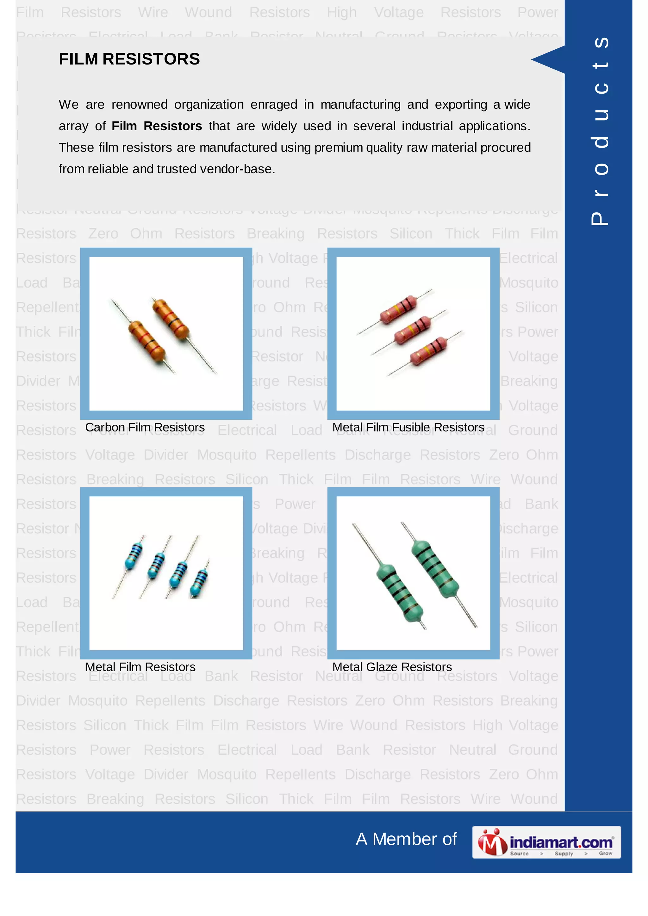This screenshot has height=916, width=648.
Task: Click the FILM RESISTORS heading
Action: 129,59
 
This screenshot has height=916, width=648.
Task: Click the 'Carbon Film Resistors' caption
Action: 145,427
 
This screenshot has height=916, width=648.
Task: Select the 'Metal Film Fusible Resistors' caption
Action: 408,427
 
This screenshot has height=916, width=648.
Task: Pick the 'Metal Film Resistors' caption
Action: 140,667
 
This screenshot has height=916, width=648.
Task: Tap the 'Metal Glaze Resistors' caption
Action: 392,667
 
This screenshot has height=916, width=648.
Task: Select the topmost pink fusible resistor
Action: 399,310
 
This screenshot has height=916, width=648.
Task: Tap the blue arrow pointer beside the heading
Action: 550,59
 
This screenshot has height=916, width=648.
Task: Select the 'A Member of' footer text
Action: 406,839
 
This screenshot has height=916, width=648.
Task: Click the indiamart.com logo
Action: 546,842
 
